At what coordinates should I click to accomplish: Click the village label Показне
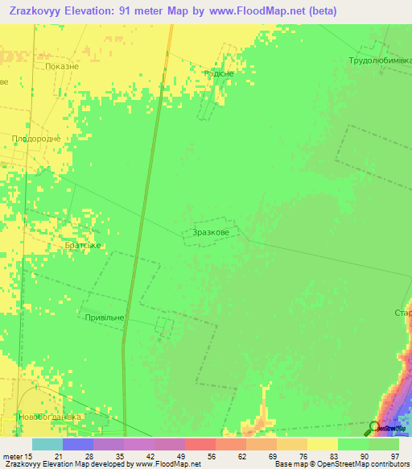coord(63,67)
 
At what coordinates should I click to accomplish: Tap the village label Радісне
coord(219,73)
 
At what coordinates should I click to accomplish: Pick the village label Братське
coord(83,245)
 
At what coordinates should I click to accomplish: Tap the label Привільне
coord(105,318)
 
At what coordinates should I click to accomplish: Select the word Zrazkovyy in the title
coord(32,11)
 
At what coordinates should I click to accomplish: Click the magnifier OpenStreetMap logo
coord(375,428)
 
